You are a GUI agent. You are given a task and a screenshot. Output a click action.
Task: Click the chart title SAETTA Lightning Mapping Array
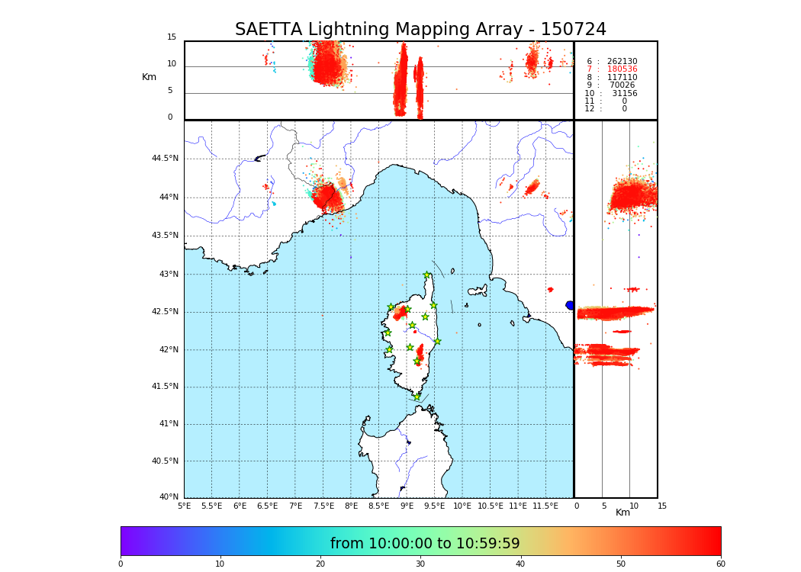(x=420, y=30)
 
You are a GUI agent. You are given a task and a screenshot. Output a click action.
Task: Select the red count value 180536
(x=622, y=69)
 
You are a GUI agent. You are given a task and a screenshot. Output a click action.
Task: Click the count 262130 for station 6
(x=622, y=62)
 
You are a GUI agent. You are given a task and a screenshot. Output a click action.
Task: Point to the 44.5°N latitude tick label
(x=165, y=159)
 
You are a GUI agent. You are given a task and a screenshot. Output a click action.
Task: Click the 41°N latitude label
(x=167, y=424)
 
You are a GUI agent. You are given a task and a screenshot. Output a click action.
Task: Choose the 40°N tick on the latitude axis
(x=167, y=497)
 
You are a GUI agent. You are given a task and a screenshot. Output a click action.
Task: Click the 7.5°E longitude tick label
(x=323, y=506)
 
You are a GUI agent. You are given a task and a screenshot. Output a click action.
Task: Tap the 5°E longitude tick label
(x=185, y=506)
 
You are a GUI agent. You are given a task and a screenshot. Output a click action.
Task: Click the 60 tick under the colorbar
(x=720, y=564)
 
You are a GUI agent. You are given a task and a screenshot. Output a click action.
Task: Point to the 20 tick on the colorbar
(x=320, y=564)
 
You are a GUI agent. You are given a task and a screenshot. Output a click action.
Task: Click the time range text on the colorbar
(x=425, y=544)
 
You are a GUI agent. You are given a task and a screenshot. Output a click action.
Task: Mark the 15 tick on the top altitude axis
(x=172, y=37)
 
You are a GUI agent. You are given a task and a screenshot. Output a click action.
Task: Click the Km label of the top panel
(x=149, y=77)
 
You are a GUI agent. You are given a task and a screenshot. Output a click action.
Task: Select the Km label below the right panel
(x=623, y=513)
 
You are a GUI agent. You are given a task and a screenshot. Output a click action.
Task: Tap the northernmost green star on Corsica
(x=427, y=275)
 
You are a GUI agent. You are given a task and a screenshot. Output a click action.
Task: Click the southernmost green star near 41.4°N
(x=417, y=397)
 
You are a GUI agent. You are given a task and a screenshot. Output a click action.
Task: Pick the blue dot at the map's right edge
(x=570, y=305)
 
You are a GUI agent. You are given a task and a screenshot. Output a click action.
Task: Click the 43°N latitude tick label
(x=167, y=275)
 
